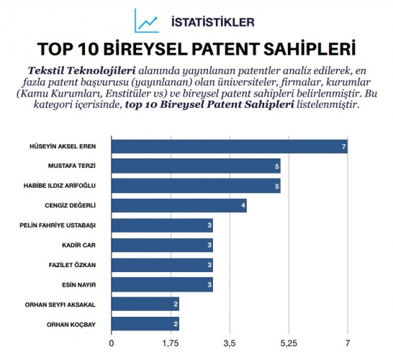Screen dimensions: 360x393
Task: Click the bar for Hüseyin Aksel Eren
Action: coord(230,147)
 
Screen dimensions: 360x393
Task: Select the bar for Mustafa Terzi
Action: coord(196,166)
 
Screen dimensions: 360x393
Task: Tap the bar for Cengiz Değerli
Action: coord(179,206)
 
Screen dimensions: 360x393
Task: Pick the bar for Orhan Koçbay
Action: coord(145,324)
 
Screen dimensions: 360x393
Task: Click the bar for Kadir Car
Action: coord(162,246)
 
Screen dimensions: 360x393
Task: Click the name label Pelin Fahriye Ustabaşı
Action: coord(63,225)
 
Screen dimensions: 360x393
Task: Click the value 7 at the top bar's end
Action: coord(344,147)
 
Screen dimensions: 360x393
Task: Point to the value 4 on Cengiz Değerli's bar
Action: coord(243,206)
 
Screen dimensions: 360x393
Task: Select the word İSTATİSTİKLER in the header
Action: coord(212,22)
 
